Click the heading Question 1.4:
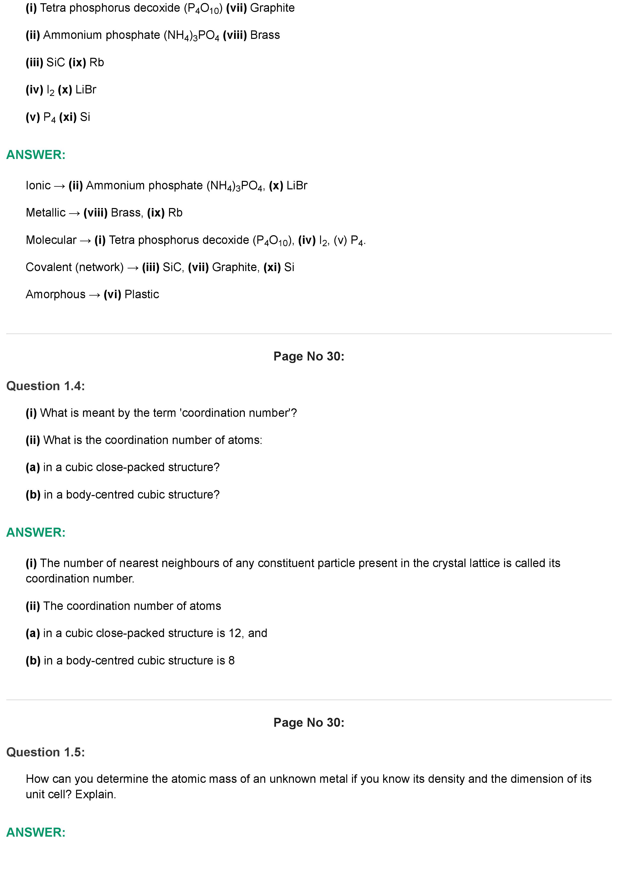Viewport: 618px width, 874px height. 45,386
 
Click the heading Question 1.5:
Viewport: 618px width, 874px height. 45,752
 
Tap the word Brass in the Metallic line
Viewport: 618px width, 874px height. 126,213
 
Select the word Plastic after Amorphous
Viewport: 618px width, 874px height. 142,294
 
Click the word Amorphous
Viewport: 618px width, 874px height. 56,294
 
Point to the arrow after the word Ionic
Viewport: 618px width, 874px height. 59,186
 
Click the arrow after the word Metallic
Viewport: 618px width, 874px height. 75,213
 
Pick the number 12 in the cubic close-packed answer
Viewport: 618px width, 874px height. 235,633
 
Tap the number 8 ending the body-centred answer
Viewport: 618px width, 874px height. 232,660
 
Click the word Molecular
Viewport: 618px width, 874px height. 51,240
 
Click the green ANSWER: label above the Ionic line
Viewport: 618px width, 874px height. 36,155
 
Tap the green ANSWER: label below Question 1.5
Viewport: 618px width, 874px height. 36,832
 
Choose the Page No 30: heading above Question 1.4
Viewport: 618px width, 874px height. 309,356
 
